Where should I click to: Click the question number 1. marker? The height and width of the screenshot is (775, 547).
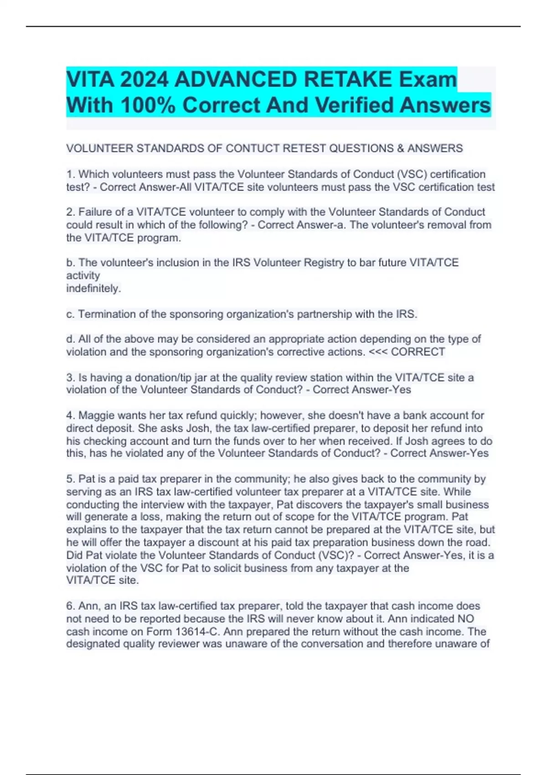pyautogui.click(x=71, y=175)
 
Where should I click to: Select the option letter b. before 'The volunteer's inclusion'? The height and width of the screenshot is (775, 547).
pyautogui.click(x=71, y=263)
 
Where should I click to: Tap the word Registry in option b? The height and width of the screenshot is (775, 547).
pyautogui.click(x=324, y=263)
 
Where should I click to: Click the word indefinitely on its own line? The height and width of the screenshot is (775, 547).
pyautogui.click(x=93, y=289)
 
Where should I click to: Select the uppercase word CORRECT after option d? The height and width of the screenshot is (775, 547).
pyautogui.click(x=418, y=352)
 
